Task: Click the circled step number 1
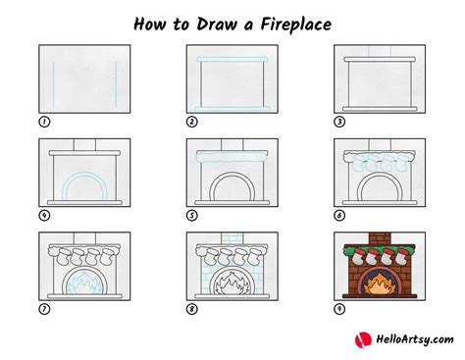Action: pyautogui.click(x=44, y=122)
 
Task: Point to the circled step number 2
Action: pyautogui.click(x=192, y=122)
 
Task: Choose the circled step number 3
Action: pyautogui.click(x=339, y=122)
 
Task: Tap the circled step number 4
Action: pyautogui.click(x=44, y=215)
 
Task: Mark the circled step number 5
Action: pyautogui.click(x=192, y=215)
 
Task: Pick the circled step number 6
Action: pyautogui.click(x=339, y=215)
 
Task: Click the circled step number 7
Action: pyautogui.click(x=44, y=309)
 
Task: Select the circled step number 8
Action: pyautogui.click(x=192, y=309)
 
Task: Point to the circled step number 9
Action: pyautogui.click(x=339, y=309)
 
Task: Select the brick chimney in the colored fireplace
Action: pyautogui.click(x=378, y=240)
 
